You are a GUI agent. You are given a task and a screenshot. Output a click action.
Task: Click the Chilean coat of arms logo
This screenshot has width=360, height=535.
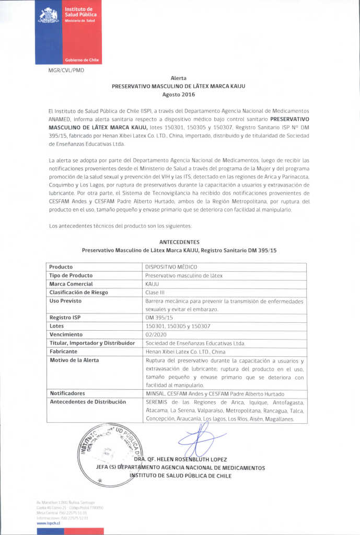pyautogui.click(x=48, y=15)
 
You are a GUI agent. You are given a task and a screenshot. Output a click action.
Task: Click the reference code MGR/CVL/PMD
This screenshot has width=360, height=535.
pyautogui.click(x=66, y=70)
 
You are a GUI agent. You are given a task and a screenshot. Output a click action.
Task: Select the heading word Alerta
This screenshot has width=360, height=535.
pyautogui.click(x=179, y=78)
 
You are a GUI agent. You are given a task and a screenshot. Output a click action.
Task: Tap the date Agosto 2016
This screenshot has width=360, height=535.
pyautogui.click(x=179, y=95)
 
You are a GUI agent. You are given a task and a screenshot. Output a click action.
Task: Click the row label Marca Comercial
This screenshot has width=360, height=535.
pyautogui.click(x=71, y=284)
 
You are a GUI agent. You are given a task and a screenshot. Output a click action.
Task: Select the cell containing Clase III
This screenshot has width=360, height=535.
pyautogui.click(x=155, y=292)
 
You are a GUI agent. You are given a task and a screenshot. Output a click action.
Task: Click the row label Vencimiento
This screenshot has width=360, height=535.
pyautogui.click(x=66, y=334)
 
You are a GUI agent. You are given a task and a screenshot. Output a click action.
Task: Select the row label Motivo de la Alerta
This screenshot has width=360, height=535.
pyautogui.click(x=74, y=360)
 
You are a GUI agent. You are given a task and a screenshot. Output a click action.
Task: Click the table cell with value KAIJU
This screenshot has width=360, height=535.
pyautogui.click(x=152, y=284)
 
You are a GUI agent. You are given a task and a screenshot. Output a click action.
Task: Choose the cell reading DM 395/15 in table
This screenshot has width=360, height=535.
pyautogui.click(x=159, y=317)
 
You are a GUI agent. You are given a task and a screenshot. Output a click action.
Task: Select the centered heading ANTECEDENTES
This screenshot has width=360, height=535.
pyautogui.click(x=179, y=242)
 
